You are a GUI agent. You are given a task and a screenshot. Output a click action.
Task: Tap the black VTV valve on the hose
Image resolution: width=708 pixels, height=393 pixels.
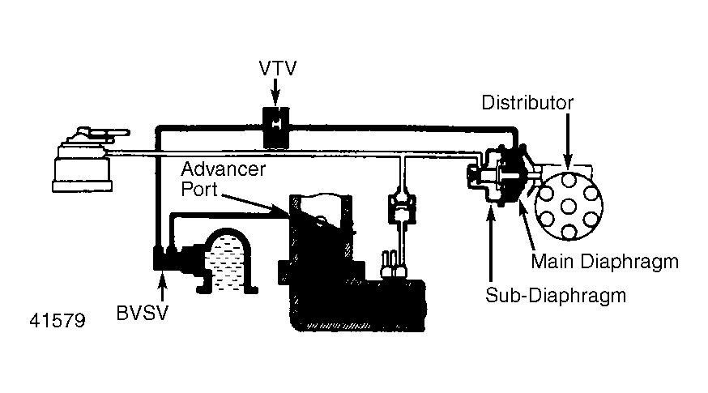point(275,126)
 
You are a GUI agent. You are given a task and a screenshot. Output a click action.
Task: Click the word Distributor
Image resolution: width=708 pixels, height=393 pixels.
point(527,103)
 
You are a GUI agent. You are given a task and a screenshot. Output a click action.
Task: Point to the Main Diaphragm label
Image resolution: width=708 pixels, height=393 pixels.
point(604,262)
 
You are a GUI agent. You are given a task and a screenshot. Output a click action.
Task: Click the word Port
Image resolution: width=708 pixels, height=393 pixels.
point(196,190)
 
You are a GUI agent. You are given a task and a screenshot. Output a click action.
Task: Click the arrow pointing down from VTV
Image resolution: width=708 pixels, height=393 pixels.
point(276,93)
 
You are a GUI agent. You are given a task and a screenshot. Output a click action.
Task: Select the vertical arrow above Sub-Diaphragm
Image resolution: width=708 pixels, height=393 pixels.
point(491,243)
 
